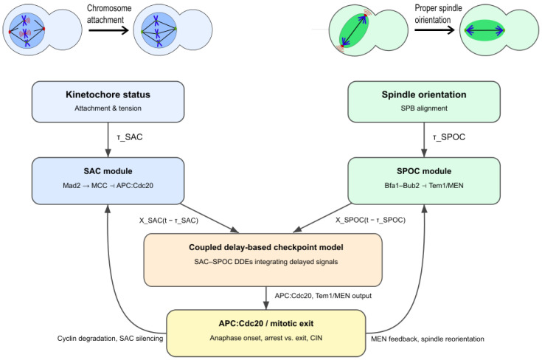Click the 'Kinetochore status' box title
(108, 94)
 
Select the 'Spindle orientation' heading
(424, 94)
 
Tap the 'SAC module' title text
(108, 171)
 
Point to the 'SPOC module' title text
(424, 171)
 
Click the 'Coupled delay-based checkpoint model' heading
(265, 247)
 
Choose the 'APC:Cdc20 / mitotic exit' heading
(265, 324)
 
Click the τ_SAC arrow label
(130, 137)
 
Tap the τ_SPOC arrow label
(449, 137)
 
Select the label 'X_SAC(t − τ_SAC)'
(169, 221)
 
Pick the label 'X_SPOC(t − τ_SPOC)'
(370, 220)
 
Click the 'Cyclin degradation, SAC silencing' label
(111, 339)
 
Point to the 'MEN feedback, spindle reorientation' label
(428, 339)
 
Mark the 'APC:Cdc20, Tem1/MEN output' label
(323, 296)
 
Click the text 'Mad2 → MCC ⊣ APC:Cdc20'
(108, 186)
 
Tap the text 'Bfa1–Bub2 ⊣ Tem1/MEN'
(424, 186)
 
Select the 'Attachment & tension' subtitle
(108, 108)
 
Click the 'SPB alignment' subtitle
(424, 108)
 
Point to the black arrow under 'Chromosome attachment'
(108, 30)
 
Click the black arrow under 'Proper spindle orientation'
(434, 30)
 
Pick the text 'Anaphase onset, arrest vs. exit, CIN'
(265, 338)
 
